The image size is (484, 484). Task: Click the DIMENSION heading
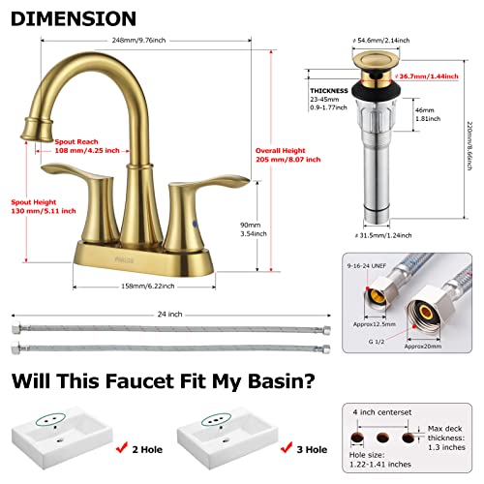click(x=73, y=18)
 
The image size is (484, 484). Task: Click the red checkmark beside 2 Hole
click(x=121, y=448)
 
